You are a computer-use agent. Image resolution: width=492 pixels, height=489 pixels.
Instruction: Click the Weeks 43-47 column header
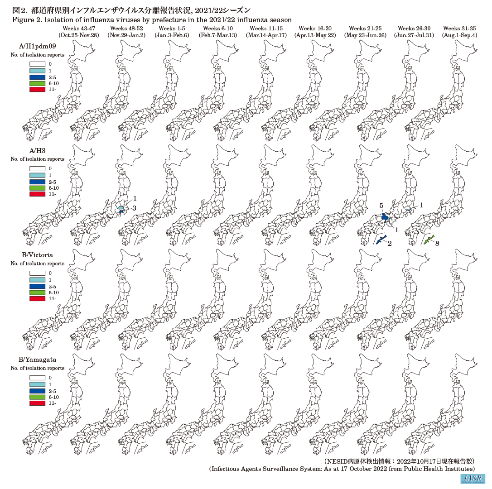tap(81, 29)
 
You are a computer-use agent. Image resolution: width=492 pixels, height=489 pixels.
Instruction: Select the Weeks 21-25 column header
tap(365, 29)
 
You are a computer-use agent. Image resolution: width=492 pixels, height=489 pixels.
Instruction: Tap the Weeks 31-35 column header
tap(460, 29)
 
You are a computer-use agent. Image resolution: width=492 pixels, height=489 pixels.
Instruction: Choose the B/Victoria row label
tap(29, 255)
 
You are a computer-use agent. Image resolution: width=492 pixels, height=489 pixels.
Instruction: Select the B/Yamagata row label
tap(31, 360)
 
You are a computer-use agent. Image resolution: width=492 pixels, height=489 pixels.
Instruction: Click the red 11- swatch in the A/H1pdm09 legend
tap(37, 90)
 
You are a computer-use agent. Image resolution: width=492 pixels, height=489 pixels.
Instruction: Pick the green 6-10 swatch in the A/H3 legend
tap(37, 187)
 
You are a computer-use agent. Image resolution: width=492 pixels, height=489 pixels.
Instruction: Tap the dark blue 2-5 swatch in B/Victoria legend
tap(37, 286)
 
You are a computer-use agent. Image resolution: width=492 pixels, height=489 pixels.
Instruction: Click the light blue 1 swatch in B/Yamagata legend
tap(37, 384)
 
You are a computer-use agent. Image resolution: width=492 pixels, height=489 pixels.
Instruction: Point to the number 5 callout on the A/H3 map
tap(381, 206)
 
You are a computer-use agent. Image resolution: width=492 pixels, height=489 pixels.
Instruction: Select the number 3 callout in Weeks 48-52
tap(134, 208)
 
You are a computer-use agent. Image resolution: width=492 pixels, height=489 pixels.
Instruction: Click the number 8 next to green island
tap(438, 243)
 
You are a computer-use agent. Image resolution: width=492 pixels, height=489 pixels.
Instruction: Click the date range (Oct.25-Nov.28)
tap(81, 35)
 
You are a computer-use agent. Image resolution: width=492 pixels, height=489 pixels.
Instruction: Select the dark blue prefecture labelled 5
tap(384, 217)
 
